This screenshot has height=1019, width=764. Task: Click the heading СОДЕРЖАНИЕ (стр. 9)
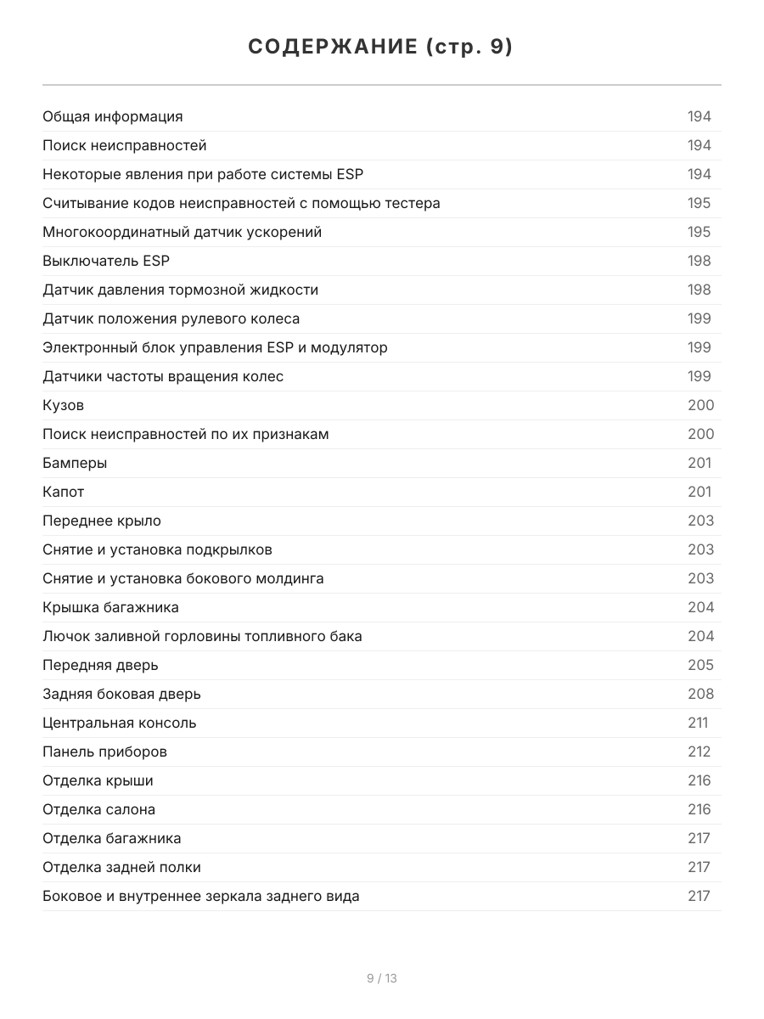381,48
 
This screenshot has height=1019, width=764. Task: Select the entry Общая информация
113,116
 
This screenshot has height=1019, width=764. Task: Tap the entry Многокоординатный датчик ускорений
183,232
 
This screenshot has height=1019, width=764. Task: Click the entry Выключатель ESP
106,261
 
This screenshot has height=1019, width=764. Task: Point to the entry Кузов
64,405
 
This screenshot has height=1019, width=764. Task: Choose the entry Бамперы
75,463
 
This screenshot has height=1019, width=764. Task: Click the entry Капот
64,492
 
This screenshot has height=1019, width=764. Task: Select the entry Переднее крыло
102,521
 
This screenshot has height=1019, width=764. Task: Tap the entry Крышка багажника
111,607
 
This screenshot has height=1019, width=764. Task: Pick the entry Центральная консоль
120,723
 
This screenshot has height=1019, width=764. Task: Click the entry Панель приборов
105,752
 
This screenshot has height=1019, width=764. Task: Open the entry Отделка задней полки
122,867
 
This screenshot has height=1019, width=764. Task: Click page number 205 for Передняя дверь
700,665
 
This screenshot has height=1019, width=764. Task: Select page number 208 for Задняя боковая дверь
700,694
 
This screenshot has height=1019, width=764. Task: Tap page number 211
698,723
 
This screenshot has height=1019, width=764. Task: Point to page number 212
699,752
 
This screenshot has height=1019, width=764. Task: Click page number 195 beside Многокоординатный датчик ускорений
699,232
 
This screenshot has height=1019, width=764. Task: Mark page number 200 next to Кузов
700,405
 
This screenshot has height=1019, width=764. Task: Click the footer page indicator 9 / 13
382,978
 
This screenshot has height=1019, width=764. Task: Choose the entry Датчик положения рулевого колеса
171,318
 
